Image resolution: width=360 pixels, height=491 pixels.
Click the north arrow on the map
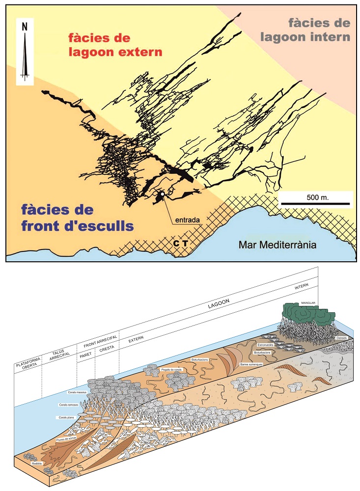[x=24, y=52]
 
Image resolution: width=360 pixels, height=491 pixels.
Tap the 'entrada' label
[x=187, y=220]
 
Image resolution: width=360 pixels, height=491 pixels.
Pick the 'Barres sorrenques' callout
[x=250, y=365]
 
